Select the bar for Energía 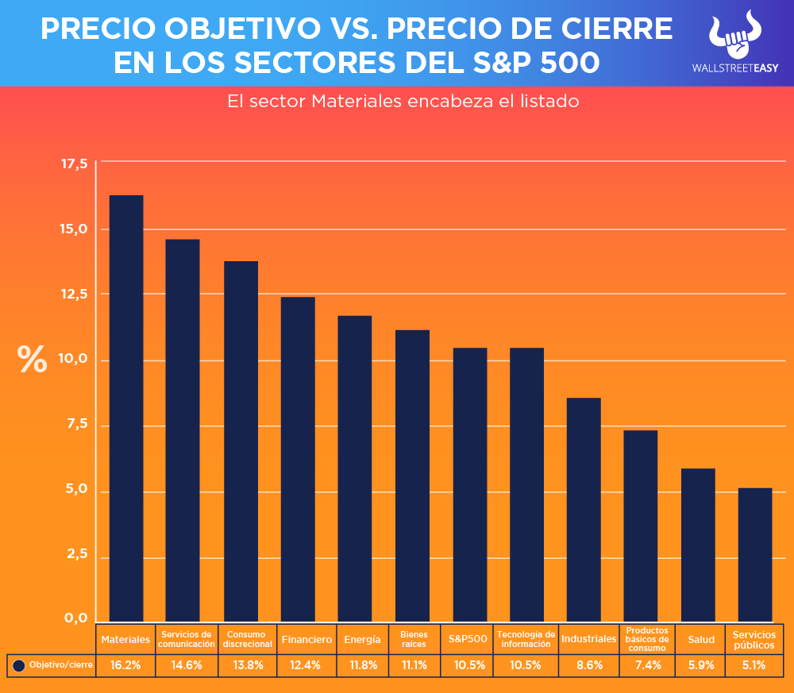click(355, 468)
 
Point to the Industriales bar click(584, 509)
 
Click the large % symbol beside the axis click(33, 360)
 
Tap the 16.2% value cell click(126, 665)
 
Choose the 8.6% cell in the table click(588, 665)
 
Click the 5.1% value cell click(755, 665)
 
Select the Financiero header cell click(306, 639)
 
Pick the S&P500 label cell click(468, 639)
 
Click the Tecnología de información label click(526, 639)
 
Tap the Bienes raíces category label click(414, 639)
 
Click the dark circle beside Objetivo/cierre click(19, 665)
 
